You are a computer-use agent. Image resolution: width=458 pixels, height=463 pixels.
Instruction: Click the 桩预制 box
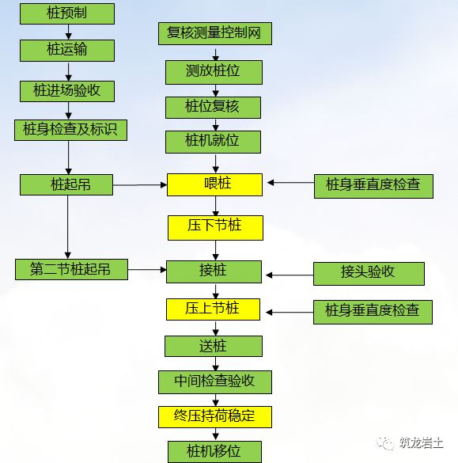(x=67, y=13)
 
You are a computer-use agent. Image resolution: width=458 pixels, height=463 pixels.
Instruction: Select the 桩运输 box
(x=67, y=50)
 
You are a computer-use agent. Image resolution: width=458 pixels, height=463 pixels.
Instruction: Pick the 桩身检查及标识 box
(x=70, y=129)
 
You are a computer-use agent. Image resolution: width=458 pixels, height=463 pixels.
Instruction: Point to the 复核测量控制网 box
(x=214, y=33)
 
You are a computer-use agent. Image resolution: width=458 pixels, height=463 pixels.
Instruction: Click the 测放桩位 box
(x=214, y=72)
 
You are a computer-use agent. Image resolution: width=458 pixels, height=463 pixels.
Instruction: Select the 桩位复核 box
(x=214, y=107)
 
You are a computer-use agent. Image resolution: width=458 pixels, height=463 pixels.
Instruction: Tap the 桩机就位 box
(x=214, y=142)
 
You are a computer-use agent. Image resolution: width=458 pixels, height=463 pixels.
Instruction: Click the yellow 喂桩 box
(x=214, y=184)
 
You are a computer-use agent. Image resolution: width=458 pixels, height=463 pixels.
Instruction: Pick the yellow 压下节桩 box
(x=214, y=227)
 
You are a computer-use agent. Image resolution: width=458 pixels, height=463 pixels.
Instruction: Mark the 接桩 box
(x=214, y=271)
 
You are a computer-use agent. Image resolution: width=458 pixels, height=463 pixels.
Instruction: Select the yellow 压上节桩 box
(x=214, y=309)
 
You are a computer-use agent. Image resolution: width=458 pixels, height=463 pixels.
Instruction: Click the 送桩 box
(x=214, y=346)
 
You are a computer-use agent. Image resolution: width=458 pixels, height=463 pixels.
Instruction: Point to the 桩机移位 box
(x=214, y=452)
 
